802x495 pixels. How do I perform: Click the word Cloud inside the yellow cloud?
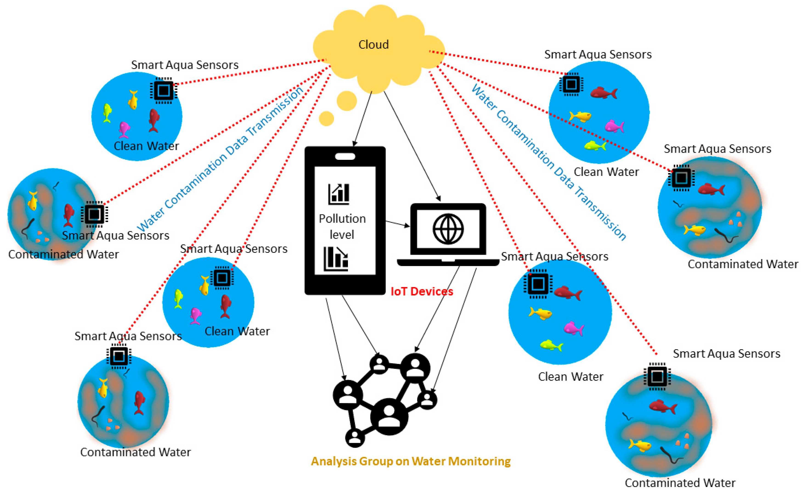pyautogui.click(x=373, y=45)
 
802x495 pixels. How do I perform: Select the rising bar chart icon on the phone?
pyautogui.click(x=339, y=194)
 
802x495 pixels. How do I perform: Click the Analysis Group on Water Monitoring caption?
pyautogui.click(x=410, y=461)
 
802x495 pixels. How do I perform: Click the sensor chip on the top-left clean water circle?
pyautogui.click(x=164, y=91)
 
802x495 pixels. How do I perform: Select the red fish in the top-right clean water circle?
pyautogui.click(x=604, y=93)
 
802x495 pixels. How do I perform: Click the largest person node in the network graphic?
pyautogui.click(x=389, y=416)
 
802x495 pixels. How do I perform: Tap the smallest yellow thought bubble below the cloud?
pyautogui.click(x=326, y=118)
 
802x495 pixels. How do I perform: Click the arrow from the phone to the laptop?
pyautogui.click(x=397, y=224)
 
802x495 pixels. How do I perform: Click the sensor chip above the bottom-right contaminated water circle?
pyautogui.click(x=657, y=377)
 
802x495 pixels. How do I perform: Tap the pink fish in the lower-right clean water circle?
pyautogui.click(x=573, y=328)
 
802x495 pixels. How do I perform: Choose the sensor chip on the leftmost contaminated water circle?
pyautogui.click(x=94, y=214)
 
